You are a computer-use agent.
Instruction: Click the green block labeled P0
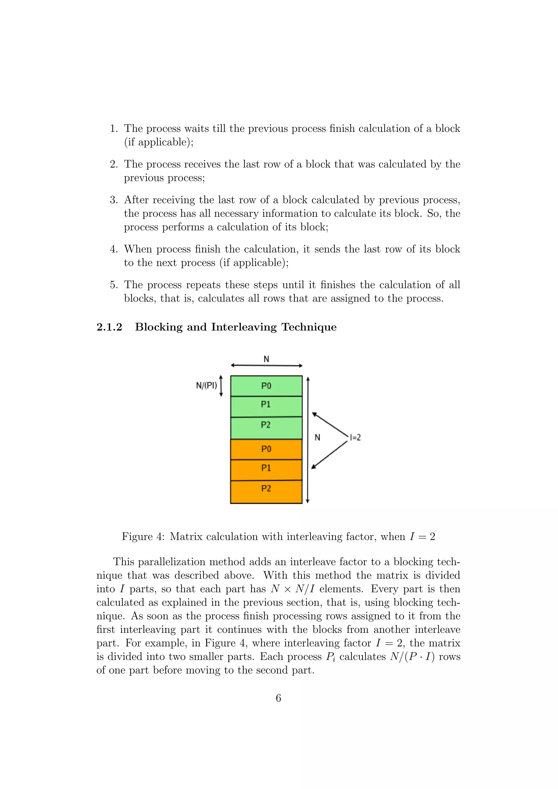266,386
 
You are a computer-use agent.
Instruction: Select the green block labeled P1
266,406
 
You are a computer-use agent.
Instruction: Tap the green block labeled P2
266,427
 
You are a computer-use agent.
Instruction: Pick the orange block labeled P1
266,469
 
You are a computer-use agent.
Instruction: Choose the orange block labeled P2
266,491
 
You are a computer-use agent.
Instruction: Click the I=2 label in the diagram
355,438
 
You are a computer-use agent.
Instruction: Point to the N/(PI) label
207,386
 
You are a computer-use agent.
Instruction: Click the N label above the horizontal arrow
266,359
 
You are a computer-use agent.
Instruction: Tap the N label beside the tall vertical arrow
317,438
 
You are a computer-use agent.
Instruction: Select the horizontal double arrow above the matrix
266,366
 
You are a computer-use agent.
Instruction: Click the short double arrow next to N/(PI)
221,386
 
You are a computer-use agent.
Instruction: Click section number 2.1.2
109,327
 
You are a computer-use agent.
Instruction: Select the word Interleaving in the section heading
244,327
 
